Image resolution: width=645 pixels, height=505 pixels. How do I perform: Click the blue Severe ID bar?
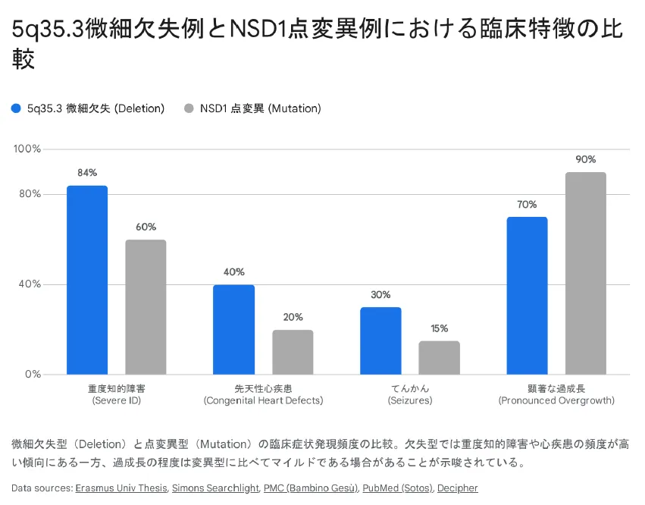[87, 280]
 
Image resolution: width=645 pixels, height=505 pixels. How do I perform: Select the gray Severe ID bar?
[146, 307]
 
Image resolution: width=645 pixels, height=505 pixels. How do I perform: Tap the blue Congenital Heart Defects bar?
[233, 329]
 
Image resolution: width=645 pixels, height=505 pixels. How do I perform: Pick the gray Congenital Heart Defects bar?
[293, 352]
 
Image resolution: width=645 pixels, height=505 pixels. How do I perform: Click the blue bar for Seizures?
[380, 340]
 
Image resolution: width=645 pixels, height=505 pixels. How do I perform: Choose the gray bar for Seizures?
[439, 357]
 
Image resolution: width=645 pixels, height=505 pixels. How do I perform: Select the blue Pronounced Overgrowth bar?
[527, 296]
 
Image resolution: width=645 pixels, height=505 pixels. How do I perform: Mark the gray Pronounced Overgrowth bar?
[586, 273]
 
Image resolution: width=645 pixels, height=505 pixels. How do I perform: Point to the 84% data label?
[87, 173]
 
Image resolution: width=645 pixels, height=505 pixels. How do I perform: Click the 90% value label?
[586, 159]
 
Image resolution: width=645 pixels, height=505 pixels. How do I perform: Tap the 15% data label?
[439, 328]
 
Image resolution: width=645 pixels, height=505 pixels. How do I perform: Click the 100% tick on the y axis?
[27, 149]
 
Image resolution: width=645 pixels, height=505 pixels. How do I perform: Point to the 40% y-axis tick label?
[30, 284]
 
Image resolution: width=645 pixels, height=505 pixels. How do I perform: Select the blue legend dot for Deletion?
[17, 108]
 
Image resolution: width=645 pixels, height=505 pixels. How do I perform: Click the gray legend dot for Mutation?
[189, 108]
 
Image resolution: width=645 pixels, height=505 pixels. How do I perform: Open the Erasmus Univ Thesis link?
[121, 488]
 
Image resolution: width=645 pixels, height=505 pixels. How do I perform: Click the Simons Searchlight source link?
[214, 488]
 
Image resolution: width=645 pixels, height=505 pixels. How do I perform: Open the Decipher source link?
[457, 488]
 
